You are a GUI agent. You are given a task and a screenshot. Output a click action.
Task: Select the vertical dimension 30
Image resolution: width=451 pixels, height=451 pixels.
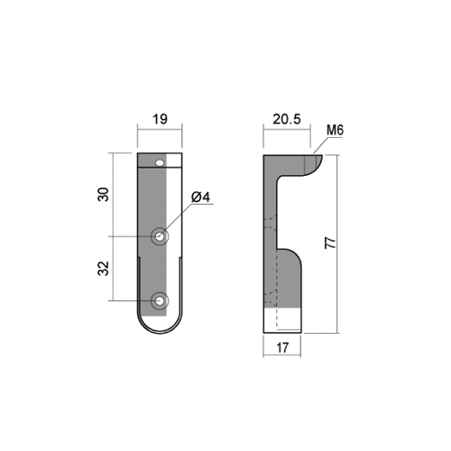[104, 194]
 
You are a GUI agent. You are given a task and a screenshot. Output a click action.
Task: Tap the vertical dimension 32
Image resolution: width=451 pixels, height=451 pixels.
[104, 268]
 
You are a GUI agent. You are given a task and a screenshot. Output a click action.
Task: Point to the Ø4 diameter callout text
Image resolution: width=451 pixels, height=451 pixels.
[200, 198]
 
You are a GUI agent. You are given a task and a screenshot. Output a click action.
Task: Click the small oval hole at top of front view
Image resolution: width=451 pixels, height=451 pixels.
[161, 163]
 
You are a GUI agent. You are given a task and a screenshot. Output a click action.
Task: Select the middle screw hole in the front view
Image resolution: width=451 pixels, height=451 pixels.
[160, 236]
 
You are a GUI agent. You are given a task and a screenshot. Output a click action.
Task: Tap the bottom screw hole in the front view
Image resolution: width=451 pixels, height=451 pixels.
[160, 300]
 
